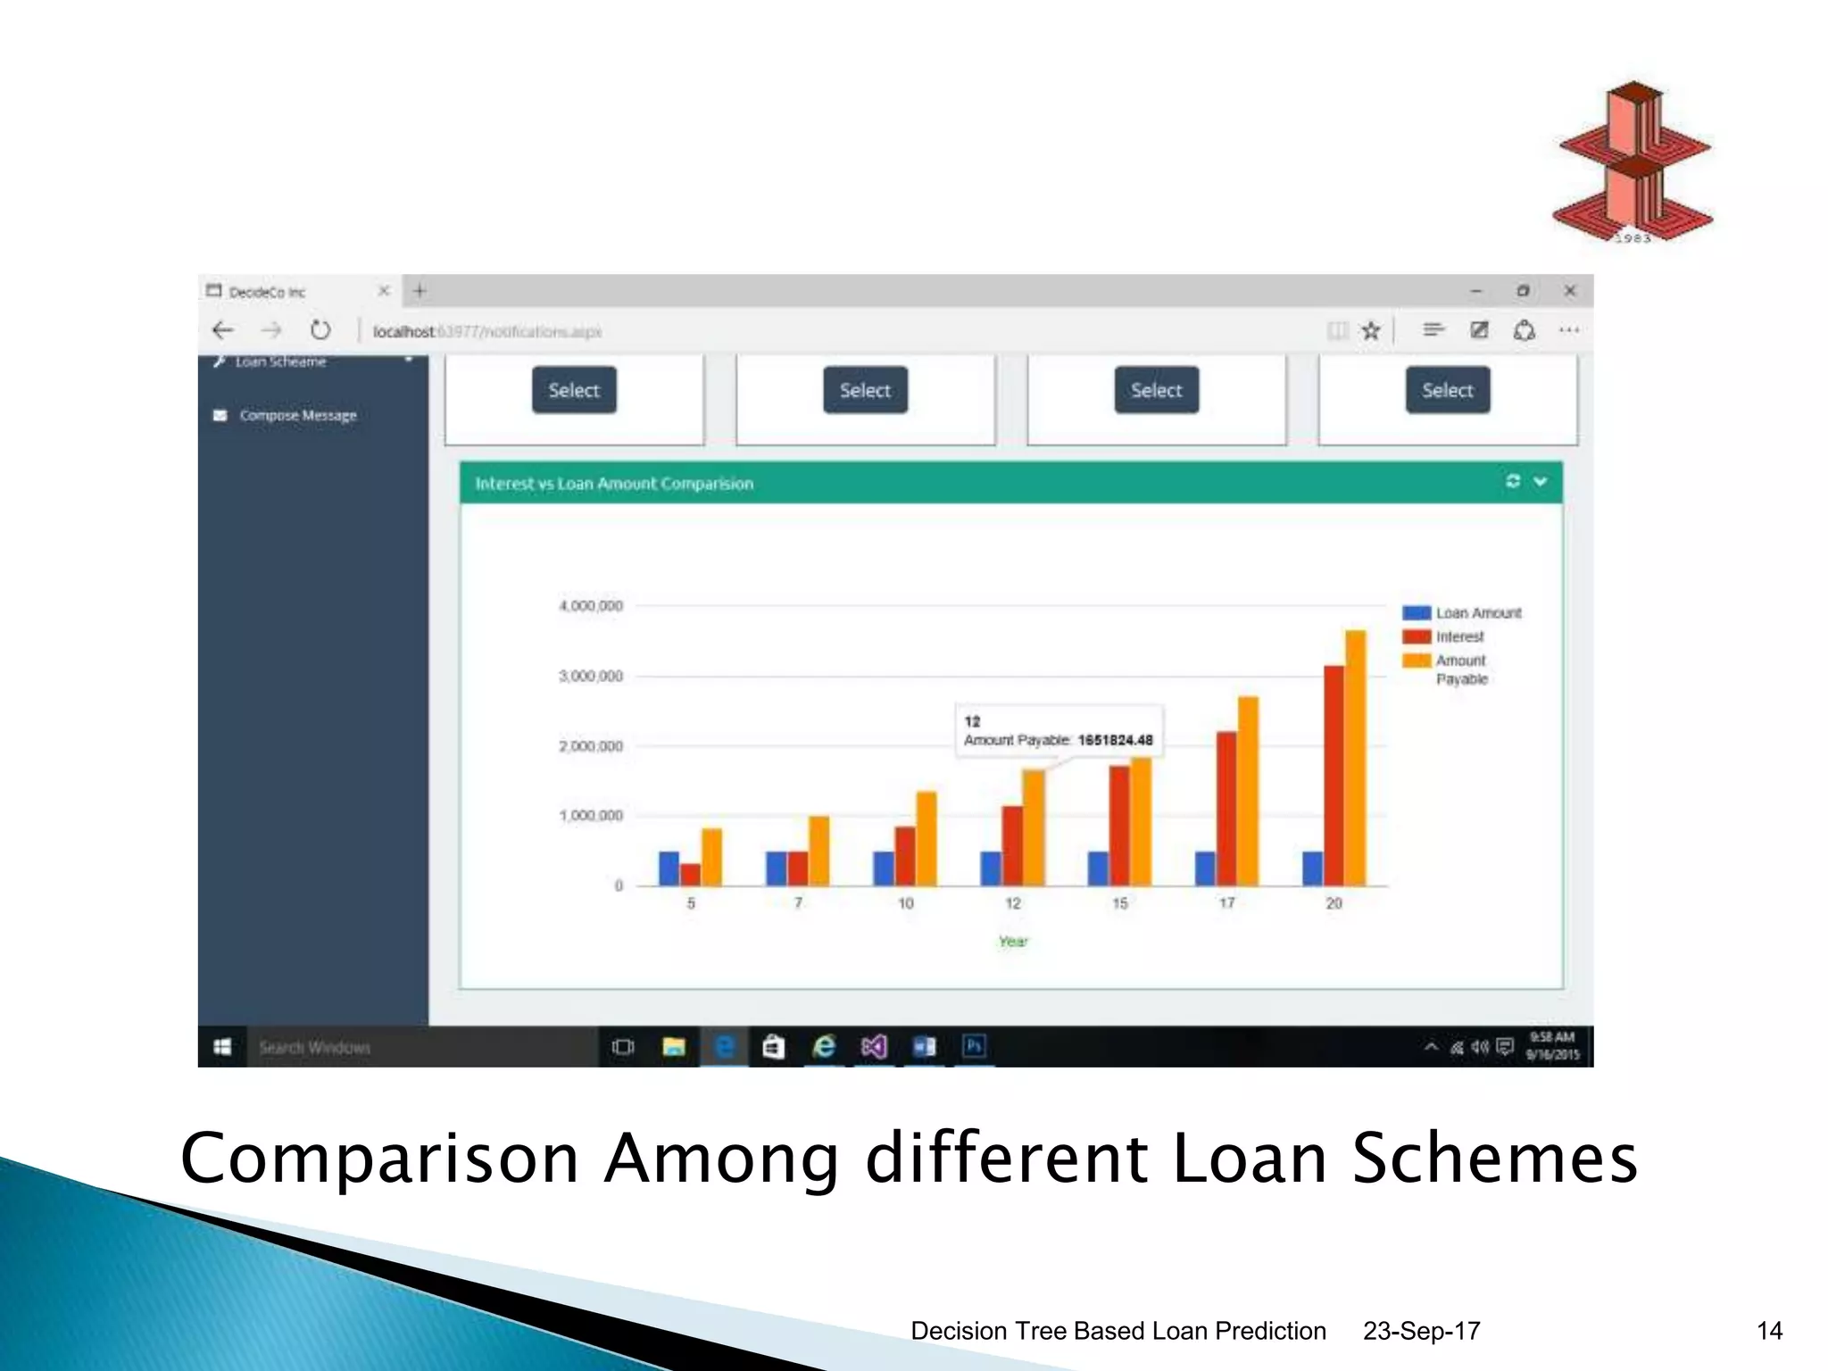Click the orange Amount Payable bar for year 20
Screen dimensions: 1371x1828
1355,759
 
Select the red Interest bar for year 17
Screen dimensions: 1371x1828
1226,808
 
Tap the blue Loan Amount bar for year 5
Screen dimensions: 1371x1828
669,868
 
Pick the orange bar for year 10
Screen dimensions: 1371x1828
926,838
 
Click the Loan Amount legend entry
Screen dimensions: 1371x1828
1477,613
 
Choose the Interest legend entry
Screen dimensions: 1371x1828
1458,636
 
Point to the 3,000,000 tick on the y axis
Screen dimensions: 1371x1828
591,677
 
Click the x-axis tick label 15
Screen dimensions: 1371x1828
1119,903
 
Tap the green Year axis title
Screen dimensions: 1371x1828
1013,942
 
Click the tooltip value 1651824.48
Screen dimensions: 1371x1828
1115,740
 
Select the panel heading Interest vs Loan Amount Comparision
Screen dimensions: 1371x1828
614,484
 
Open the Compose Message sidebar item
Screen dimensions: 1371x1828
297,416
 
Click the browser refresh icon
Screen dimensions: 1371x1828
320,331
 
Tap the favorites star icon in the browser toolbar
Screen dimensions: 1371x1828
1371,331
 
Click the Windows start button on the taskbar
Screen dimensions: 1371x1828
222,1047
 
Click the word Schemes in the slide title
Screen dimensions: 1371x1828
1494,1159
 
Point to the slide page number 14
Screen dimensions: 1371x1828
1768,1331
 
